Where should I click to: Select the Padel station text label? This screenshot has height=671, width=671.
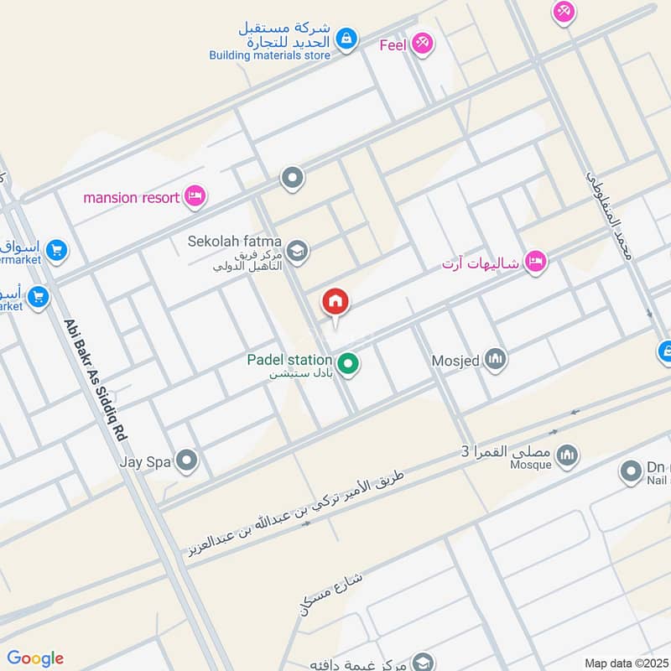point(289,360)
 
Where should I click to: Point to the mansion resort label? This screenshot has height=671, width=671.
point(132,198)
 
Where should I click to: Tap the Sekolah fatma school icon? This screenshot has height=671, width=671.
point(297,250)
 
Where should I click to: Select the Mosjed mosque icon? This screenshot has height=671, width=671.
point(496,361)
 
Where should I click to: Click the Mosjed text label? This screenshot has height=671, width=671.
point(455,362)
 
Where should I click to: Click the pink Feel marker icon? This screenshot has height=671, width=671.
point(422,44)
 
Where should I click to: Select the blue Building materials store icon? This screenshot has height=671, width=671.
point(346,38)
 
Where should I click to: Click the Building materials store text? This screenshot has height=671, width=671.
point(269,55)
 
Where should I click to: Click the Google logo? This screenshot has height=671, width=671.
point(35,658)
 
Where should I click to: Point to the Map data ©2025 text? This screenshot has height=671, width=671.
point(626,663)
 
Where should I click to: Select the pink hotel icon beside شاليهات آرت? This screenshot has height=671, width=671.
point(535,263)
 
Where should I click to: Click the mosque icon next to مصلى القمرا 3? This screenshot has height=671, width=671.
point(569,454)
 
